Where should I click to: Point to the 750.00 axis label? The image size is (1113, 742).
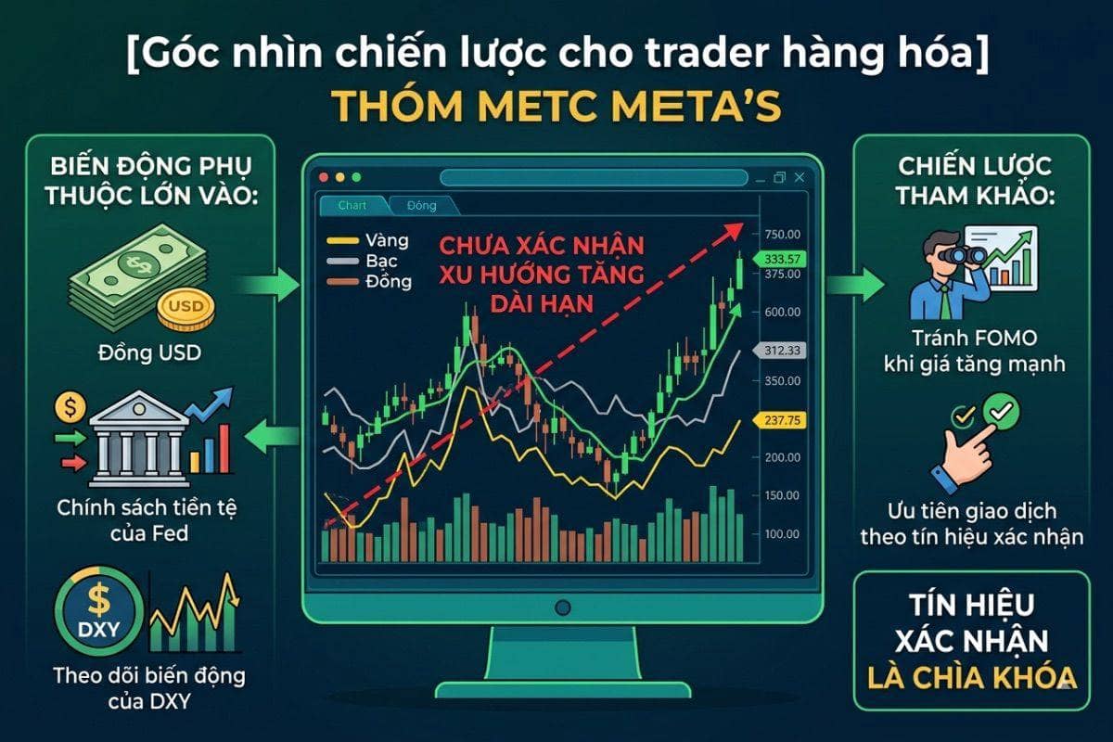point(783,234)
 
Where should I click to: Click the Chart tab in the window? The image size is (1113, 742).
point(352,205)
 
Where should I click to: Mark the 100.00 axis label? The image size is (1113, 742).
point(783,534)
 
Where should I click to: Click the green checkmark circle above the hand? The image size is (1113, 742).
point(1000,408)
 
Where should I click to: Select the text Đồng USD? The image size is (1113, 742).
point(149,353)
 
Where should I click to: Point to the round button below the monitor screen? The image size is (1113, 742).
point(562,608)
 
